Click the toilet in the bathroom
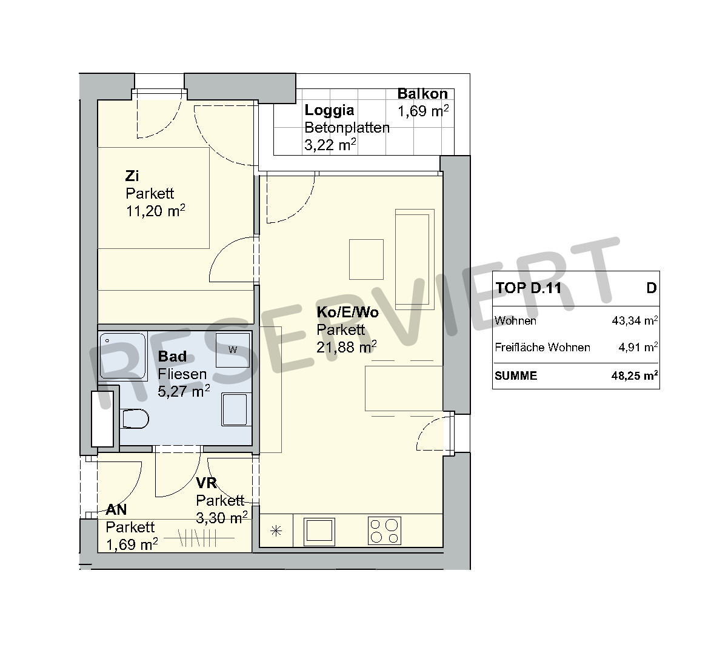pyautogui.click(x=135, y=418)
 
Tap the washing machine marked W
pyautogui.click(x=233, y=351)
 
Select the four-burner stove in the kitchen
pyautogui.click(x=384, y=531)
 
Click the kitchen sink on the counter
pyautogui.click(x=319, y=531)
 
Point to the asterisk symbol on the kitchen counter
pyautogui.click(x=276, y=531)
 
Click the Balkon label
pyautogui.click(x=422, y=94)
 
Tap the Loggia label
pyautogui.click(x=329, y=111)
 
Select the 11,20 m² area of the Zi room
pyautogui.click(x=155, y=211)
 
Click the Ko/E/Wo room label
pyautogui.click(x=347, y=312)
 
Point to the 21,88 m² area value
pyautogui.click(x=346, y=347)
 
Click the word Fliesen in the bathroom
pyautogui.click(x=182, y=374)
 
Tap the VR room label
pyautogui.click(x=206, y=482)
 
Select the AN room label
pyautogui.click(x=116, y=510)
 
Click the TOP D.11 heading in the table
pyautogui.click(x=528, y=288)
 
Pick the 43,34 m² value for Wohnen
pyautogui.click(x=635, y=320)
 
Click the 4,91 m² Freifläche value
pyautogui.click(x=638, y=347)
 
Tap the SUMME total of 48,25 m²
pyautogui.click(x=635, y=375)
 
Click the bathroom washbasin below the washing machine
pyautogui.click(x=235, y=409)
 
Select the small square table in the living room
pyautogui.click(x=366, y=259)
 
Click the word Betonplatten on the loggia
pyautogui.click(x=347, y=128)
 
